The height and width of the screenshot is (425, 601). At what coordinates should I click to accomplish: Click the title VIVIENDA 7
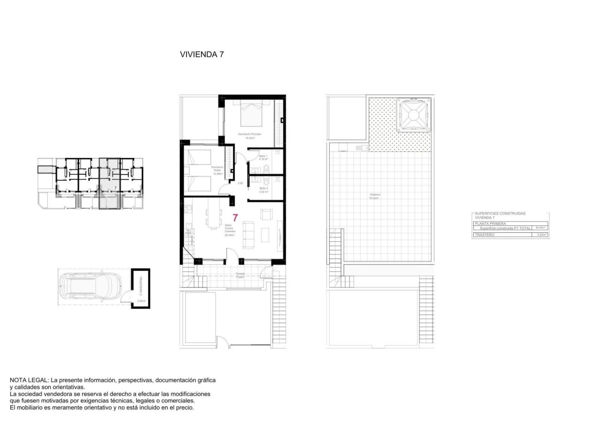pos(201,54)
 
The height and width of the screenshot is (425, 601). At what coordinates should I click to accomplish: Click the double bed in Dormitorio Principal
pos(250,114)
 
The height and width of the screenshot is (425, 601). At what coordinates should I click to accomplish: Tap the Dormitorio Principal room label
pos(249,136)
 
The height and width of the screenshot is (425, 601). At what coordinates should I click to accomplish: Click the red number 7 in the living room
pos(235,218)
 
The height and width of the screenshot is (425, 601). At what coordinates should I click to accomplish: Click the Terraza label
pos(240,274)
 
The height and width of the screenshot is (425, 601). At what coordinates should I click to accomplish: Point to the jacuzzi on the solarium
pos(413,115)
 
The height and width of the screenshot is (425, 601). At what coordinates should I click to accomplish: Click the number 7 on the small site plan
pos(108,187)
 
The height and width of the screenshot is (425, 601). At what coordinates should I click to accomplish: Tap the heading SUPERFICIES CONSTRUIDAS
pos(500,214)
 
